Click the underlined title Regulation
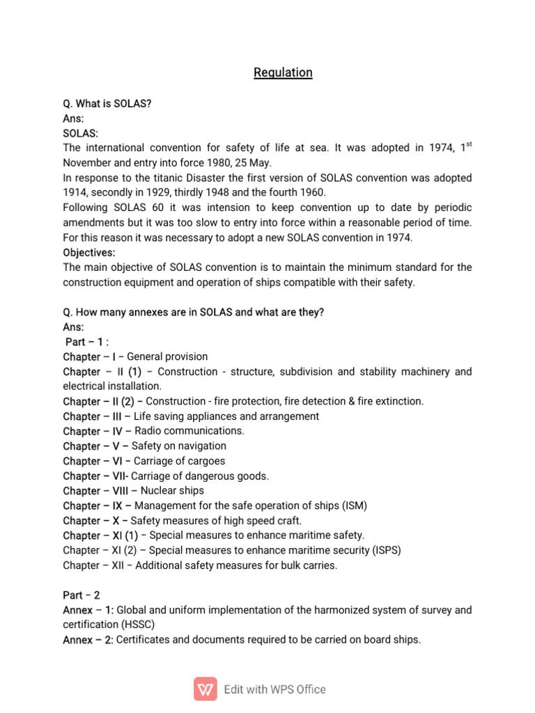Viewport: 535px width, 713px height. pos(283,72)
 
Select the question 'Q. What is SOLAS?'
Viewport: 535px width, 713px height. pos(107,104)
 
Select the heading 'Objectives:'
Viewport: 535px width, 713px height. pos(89,252)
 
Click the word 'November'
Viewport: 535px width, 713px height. pos(87,163)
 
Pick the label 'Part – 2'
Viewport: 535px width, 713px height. pos(82,595)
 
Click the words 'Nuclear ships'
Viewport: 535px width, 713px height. pos(157,491)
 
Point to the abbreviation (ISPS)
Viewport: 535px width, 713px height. pos(387,550)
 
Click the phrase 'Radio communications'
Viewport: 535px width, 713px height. pos(188,431)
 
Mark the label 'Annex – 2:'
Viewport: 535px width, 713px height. pos(88,639)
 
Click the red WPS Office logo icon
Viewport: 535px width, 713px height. pos(206,689)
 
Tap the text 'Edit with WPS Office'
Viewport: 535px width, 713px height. pos(274,689)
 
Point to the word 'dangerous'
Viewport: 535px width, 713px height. pos(208,476)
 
